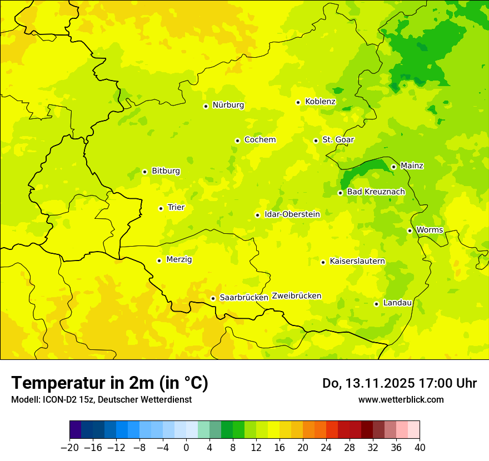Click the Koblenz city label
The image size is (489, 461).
(320, 102)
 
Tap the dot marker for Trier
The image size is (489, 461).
(161, 208)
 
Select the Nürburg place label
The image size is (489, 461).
(228, 105)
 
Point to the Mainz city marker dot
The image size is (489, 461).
(393, 167)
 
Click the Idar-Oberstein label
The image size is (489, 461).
(292, 214)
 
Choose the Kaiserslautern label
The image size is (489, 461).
(357, 261)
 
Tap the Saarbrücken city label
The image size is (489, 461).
(244, 298)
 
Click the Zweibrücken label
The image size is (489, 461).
(297, 296)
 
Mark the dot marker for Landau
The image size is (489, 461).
(376, 304)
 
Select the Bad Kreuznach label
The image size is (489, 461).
(376, 192)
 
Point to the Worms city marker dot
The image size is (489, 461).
(410, 231)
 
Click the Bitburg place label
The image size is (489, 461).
(166, 171)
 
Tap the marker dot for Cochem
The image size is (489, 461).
(237, 141)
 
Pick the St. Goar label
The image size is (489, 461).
(338, 140)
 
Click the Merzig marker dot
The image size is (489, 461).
(159, 260)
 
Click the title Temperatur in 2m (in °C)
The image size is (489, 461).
(109, 383)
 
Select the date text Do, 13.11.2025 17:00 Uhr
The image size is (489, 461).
(399, 383)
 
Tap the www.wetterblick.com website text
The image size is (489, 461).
(401, 399)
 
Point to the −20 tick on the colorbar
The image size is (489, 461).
(70, 448)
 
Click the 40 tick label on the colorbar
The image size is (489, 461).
(420, 448)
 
